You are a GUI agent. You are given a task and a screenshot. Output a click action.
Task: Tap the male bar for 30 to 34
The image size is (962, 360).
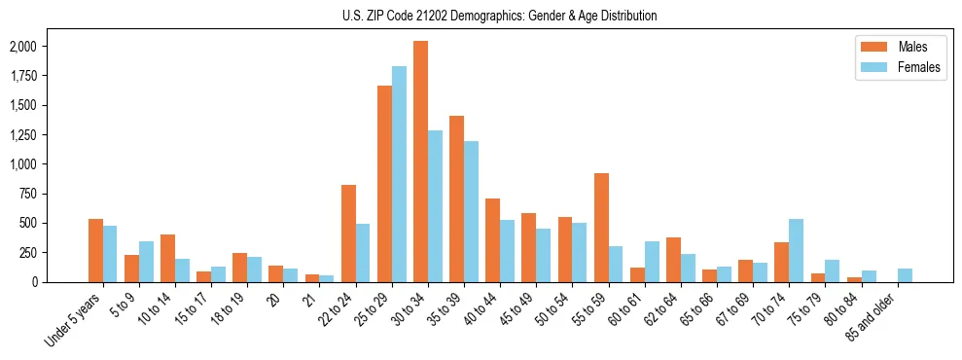420,162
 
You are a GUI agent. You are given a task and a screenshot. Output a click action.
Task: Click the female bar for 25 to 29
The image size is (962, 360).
399,174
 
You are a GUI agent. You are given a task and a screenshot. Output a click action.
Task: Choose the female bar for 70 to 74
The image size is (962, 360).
796,250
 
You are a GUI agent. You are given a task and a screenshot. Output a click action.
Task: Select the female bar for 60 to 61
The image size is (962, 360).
652,262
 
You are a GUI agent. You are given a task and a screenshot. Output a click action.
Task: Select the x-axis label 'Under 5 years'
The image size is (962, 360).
74,317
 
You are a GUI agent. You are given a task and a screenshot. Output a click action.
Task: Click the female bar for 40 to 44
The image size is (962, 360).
507,251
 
